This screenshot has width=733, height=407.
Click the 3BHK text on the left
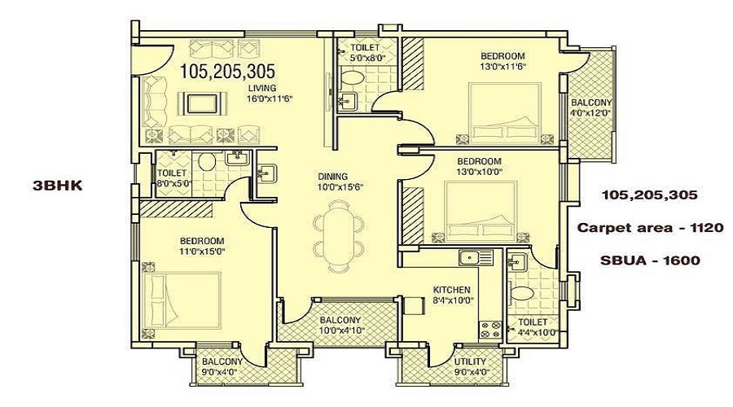click(58, 186)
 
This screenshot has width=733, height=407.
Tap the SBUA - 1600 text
click(650, 260)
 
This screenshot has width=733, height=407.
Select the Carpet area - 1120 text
click(650, 228)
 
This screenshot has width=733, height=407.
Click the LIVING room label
click(261, 88)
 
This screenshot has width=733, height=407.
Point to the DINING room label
click(333, 177)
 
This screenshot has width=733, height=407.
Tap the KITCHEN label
click(451, 290)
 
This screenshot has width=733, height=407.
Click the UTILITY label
click(470, 361)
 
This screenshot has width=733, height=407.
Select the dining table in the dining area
click(338, 236)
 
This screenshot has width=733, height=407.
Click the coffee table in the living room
click(203, 103)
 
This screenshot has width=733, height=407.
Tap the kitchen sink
click(476, 257)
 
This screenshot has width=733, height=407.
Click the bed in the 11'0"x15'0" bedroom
click(182, 301)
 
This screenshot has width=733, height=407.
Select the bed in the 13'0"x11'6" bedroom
click(505, 112)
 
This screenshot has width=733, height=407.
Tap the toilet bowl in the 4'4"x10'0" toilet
click(521, 295)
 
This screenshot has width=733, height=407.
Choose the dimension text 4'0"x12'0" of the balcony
click(590, 112)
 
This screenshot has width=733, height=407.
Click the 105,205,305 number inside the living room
click(228, 72)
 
